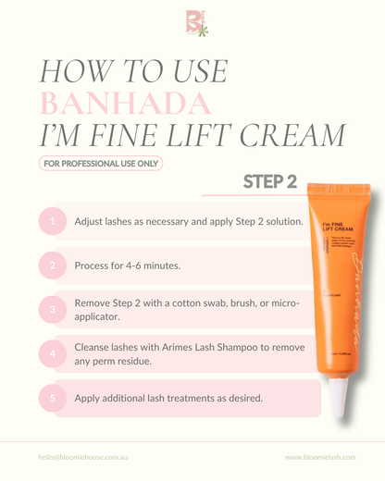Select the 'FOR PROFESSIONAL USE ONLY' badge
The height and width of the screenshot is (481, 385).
coord(100,164)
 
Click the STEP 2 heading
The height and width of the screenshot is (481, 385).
coord(269,181)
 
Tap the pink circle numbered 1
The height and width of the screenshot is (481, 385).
coord(53,222)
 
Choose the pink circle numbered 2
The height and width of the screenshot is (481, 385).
coord(53,265)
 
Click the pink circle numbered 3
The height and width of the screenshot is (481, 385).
coord(53,309)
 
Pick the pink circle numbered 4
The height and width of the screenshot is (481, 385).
coord(53,353)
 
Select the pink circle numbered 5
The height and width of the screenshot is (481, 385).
coord(53,398)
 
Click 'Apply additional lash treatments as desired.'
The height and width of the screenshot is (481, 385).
coord(168,398)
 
